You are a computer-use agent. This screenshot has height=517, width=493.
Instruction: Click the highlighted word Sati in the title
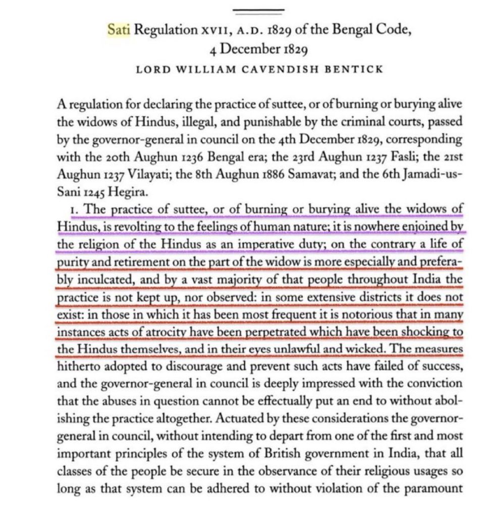click(x=119, y=30)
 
